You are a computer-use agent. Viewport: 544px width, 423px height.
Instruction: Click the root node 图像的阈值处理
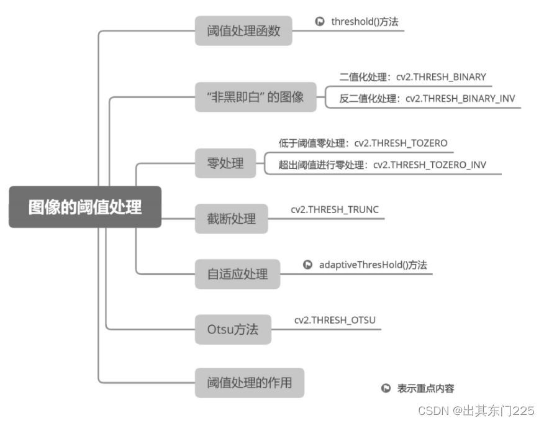pyautogui.click(x=85, y=207)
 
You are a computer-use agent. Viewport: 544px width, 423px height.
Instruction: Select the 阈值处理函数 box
pyautogui.click(x=243, y=30)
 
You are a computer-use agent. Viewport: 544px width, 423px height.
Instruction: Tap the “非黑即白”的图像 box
pyautogui.click(x=255, y=97)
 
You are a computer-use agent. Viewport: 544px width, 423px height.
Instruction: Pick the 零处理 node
pyautogui.click(x=225, y=164)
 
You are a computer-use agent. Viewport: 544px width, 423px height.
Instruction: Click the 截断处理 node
pyautogui.click(x=231, y=219)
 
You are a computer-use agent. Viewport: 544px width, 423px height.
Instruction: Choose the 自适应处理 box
pyautogui.click(x=237, y=274)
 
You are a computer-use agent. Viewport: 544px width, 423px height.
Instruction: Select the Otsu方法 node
pyautogui.click(x=233, y=329)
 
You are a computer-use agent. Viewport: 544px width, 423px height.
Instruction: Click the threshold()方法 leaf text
pyautogui.click(x=365, y=22)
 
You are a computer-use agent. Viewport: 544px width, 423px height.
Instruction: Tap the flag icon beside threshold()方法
pyautogui.click(x=320, y=22)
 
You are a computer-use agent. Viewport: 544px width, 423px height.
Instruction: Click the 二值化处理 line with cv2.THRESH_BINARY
pyautogui.click(x=412, y=77)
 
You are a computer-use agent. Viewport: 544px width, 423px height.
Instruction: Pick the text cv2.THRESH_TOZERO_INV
pyautogui.click(x=430, y=165)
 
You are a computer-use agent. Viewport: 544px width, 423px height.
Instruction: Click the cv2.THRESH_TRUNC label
pyautogui.click(x=334, y=209)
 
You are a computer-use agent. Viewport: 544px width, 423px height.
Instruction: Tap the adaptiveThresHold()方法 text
pyautogui.click(x=373, y=265)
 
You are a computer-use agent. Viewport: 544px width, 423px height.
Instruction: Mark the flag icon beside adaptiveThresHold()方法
pyautogui.click(x=307, y=265)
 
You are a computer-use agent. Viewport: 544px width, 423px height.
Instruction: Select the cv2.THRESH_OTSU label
pyautogui.click(x=335, y=320)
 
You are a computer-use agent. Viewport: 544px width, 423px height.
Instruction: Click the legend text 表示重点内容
pyautogui.click(x=425, y=388)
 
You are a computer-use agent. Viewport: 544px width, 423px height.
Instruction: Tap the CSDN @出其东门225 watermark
pyautogui.click(x=476, y=411)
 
